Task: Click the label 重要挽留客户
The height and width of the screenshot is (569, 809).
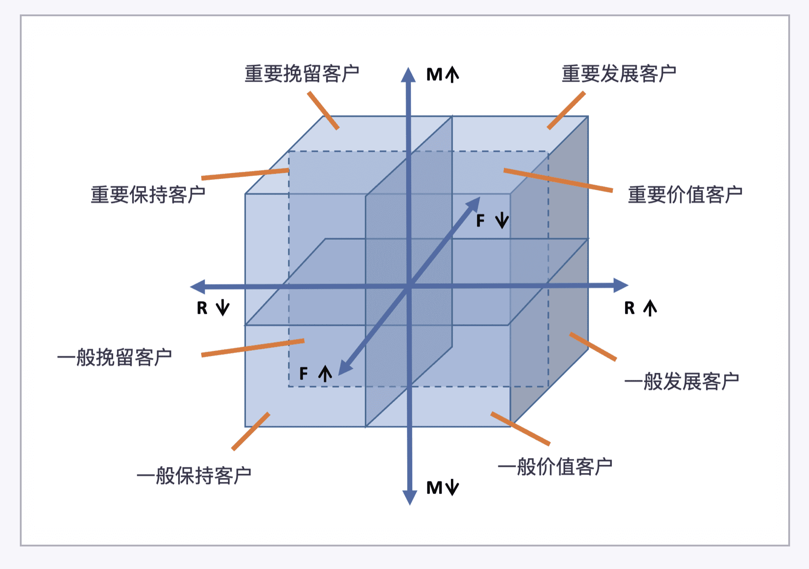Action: pos(302,74)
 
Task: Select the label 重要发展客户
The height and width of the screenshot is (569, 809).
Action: pos(619,74)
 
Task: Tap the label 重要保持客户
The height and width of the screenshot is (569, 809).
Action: pos(148,195)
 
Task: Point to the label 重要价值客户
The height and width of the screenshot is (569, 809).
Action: pos(685,195)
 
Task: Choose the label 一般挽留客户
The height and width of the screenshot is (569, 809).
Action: pos(115,358)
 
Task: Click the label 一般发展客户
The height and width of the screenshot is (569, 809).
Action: pos(681,381)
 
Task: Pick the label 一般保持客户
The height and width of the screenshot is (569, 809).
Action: pos(194,476)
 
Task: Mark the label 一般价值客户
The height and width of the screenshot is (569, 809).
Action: pos(555,467)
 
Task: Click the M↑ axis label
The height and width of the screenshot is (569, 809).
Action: pos(442,74)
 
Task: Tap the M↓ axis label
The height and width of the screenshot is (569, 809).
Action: pos(442,488)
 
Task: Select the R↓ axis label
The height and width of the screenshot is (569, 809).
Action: pos(213,308)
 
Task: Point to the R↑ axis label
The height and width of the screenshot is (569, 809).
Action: pos(640,308)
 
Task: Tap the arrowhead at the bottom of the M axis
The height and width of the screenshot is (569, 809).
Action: pos(409,497)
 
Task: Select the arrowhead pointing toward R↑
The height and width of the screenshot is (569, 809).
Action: pos(621,285)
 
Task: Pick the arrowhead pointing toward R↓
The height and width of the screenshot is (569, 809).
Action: pos(198,287)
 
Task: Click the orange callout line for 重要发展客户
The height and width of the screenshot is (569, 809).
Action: pos(566,110)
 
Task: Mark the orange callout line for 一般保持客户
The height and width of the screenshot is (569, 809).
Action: pos(251,431)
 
